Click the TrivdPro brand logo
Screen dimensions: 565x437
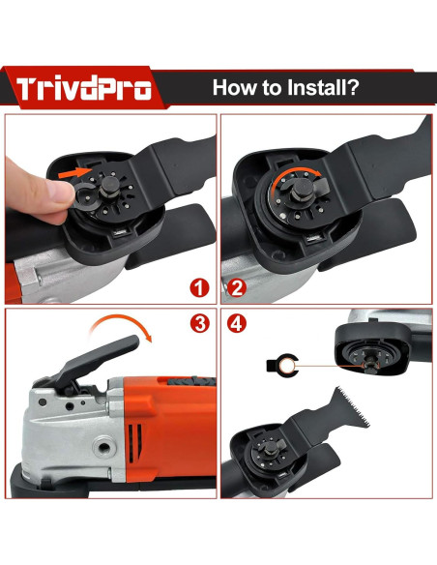(x=84, y=89)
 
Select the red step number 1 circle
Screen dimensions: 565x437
(x=197, y=287)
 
